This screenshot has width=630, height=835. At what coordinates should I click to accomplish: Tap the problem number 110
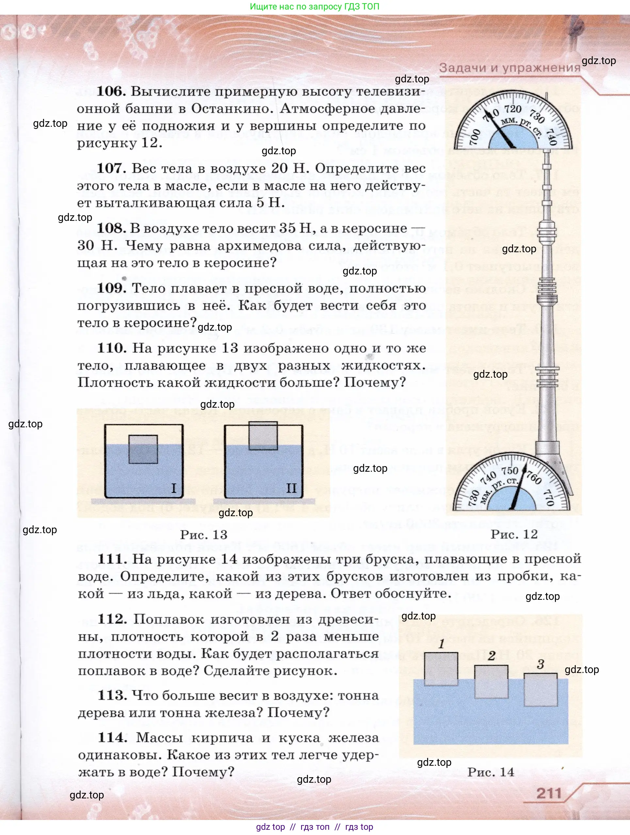click(112, 348)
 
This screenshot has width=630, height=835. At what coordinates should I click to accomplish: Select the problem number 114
click(112, 737)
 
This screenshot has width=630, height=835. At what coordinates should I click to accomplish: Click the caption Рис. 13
click(203, 534)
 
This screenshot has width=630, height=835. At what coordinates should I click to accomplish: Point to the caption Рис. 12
click(514, 534)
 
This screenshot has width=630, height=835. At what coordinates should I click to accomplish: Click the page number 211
click(549, 793)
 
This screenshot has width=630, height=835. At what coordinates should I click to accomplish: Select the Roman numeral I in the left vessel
click(174, 488)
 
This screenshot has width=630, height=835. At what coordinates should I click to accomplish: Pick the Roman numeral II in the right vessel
click(291, 488)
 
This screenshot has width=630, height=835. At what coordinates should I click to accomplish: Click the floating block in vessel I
click(143, 449)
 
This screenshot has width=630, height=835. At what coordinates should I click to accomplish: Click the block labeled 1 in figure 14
click(441, 669)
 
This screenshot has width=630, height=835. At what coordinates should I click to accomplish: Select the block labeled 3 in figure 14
click(541, 689)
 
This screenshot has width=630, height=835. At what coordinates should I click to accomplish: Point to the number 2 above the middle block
click(491, 656)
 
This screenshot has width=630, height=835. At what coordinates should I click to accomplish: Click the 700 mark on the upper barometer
click(475, 137)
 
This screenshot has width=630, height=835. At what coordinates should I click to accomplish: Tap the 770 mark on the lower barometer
click(549, 498)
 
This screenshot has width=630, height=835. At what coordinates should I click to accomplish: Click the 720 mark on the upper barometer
click(513, 109)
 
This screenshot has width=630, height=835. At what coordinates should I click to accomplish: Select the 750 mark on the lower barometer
click(509, 471)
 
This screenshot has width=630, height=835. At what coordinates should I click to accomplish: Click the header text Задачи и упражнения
click(509, 68)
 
